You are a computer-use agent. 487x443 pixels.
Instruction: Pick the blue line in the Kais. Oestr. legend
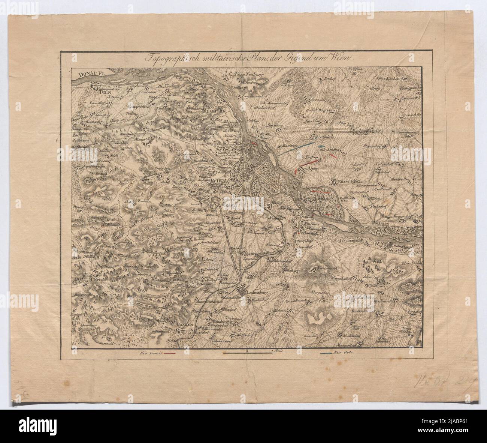tap(326, 353)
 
